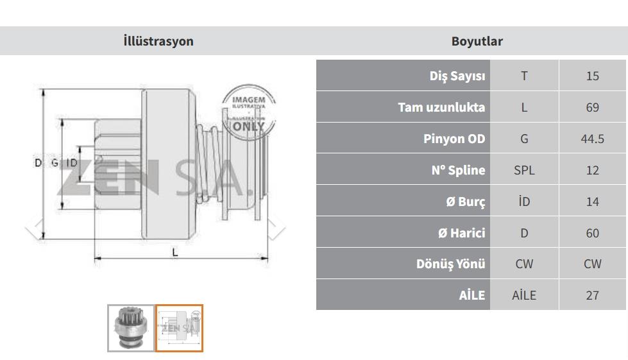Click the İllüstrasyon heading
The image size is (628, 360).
point(158,41)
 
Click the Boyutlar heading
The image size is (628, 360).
point(477,41)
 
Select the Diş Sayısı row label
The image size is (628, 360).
point(457,76)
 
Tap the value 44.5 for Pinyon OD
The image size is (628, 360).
point(592,139)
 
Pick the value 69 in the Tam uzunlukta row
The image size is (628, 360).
point(592,107)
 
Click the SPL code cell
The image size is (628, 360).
point(524,170)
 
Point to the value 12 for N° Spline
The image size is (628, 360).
point(592,170)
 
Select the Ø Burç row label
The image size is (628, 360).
point(466,201)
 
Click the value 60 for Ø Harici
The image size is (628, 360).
point(592,233)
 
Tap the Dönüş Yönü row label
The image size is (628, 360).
point(450,264)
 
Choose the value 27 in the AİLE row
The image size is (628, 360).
point(592,295)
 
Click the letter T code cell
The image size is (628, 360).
point(524,76)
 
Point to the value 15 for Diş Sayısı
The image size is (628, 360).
point(592,76)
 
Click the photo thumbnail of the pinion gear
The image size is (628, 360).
point(131,328)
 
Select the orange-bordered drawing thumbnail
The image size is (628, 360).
point(179,328)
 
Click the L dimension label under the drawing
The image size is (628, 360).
point(174,252)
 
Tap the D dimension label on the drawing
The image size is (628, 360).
point(38,162)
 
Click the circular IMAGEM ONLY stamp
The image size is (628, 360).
point(249,112)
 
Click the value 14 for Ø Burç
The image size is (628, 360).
point(592,201)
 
